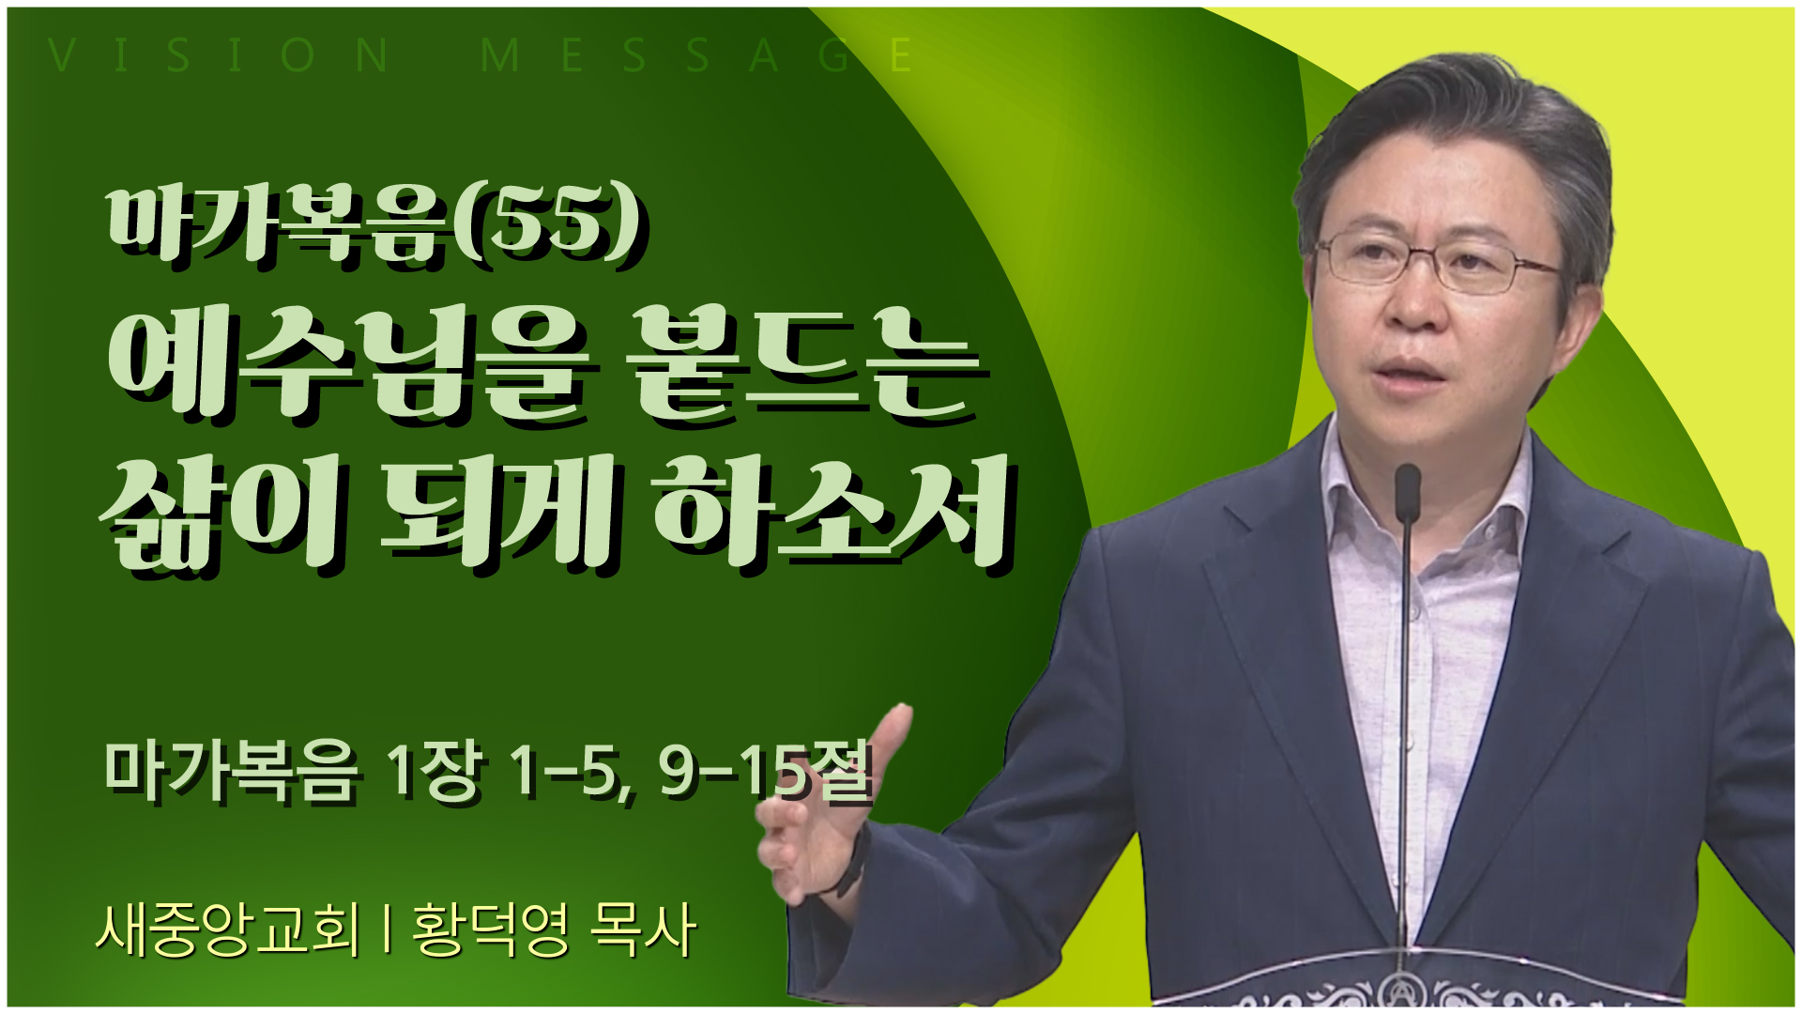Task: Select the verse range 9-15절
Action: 766,772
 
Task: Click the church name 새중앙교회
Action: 227,929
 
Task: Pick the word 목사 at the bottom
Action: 644,929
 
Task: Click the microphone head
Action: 1407,492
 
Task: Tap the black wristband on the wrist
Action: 855,859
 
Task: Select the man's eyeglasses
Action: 1436,261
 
